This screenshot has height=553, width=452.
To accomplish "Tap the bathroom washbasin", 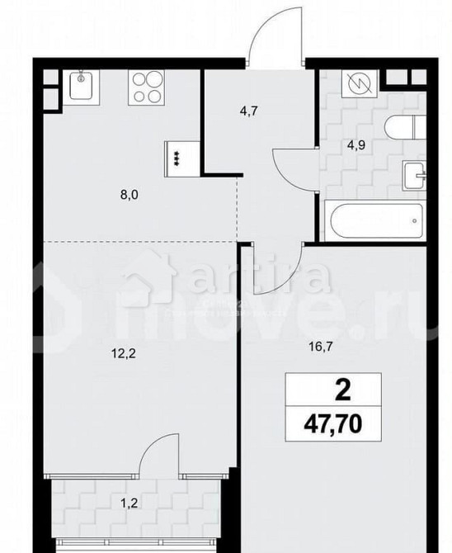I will coord(413,175).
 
